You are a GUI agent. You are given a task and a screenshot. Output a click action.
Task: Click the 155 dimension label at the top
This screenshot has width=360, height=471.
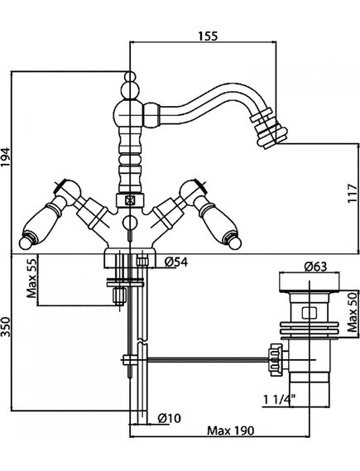pyautogui.click(x=208, y=36)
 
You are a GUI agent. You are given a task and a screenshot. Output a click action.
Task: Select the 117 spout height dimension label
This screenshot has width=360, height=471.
pyautogui.click(x=353, y=193)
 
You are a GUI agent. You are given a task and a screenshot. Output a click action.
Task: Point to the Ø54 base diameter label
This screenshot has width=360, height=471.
pyautogui.click(x=176, y=262)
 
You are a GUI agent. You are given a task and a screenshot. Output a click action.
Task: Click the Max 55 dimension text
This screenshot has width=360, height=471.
pyautogui.click(x=31, y=277)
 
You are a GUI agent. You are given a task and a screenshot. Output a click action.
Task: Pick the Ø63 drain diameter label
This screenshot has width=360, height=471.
pyautogui.click(x=315, y=267)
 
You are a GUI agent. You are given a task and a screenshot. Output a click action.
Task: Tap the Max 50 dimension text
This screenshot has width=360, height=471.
pyautogui.click(x=353, y=312)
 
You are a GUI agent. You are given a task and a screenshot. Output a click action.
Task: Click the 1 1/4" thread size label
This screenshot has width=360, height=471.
pyautogui.click(x=279, y=399)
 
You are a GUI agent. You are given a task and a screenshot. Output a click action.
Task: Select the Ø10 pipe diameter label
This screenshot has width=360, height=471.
pyautogui.click(x=170, y=418)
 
